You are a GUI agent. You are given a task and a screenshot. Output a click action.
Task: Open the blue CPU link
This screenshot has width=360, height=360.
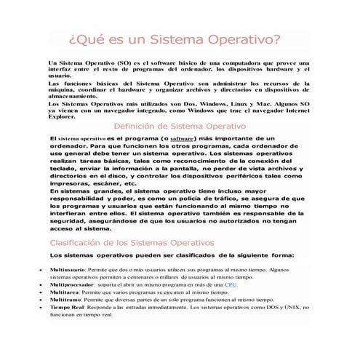click(231, 284)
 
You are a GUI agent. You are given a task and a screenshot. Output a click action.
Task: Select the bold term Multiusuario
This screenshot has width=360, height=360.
click(66, 268)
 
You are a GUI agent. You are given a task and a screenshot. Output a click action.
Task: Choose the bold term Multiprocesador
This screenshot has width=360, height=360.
click(71, 284)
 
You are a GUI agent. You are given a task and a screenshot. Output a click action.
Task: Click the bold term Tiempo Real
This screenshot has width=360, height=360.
click(66, 308)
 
